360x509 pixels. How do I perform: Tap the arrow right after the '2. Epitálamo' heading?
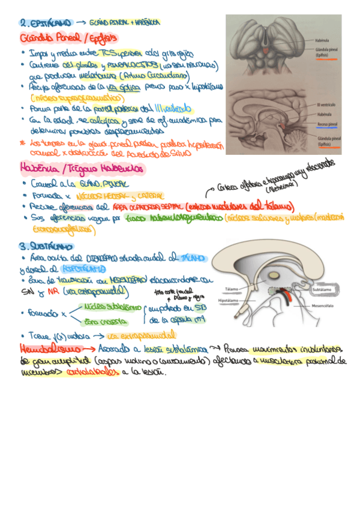coord(81,22)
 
